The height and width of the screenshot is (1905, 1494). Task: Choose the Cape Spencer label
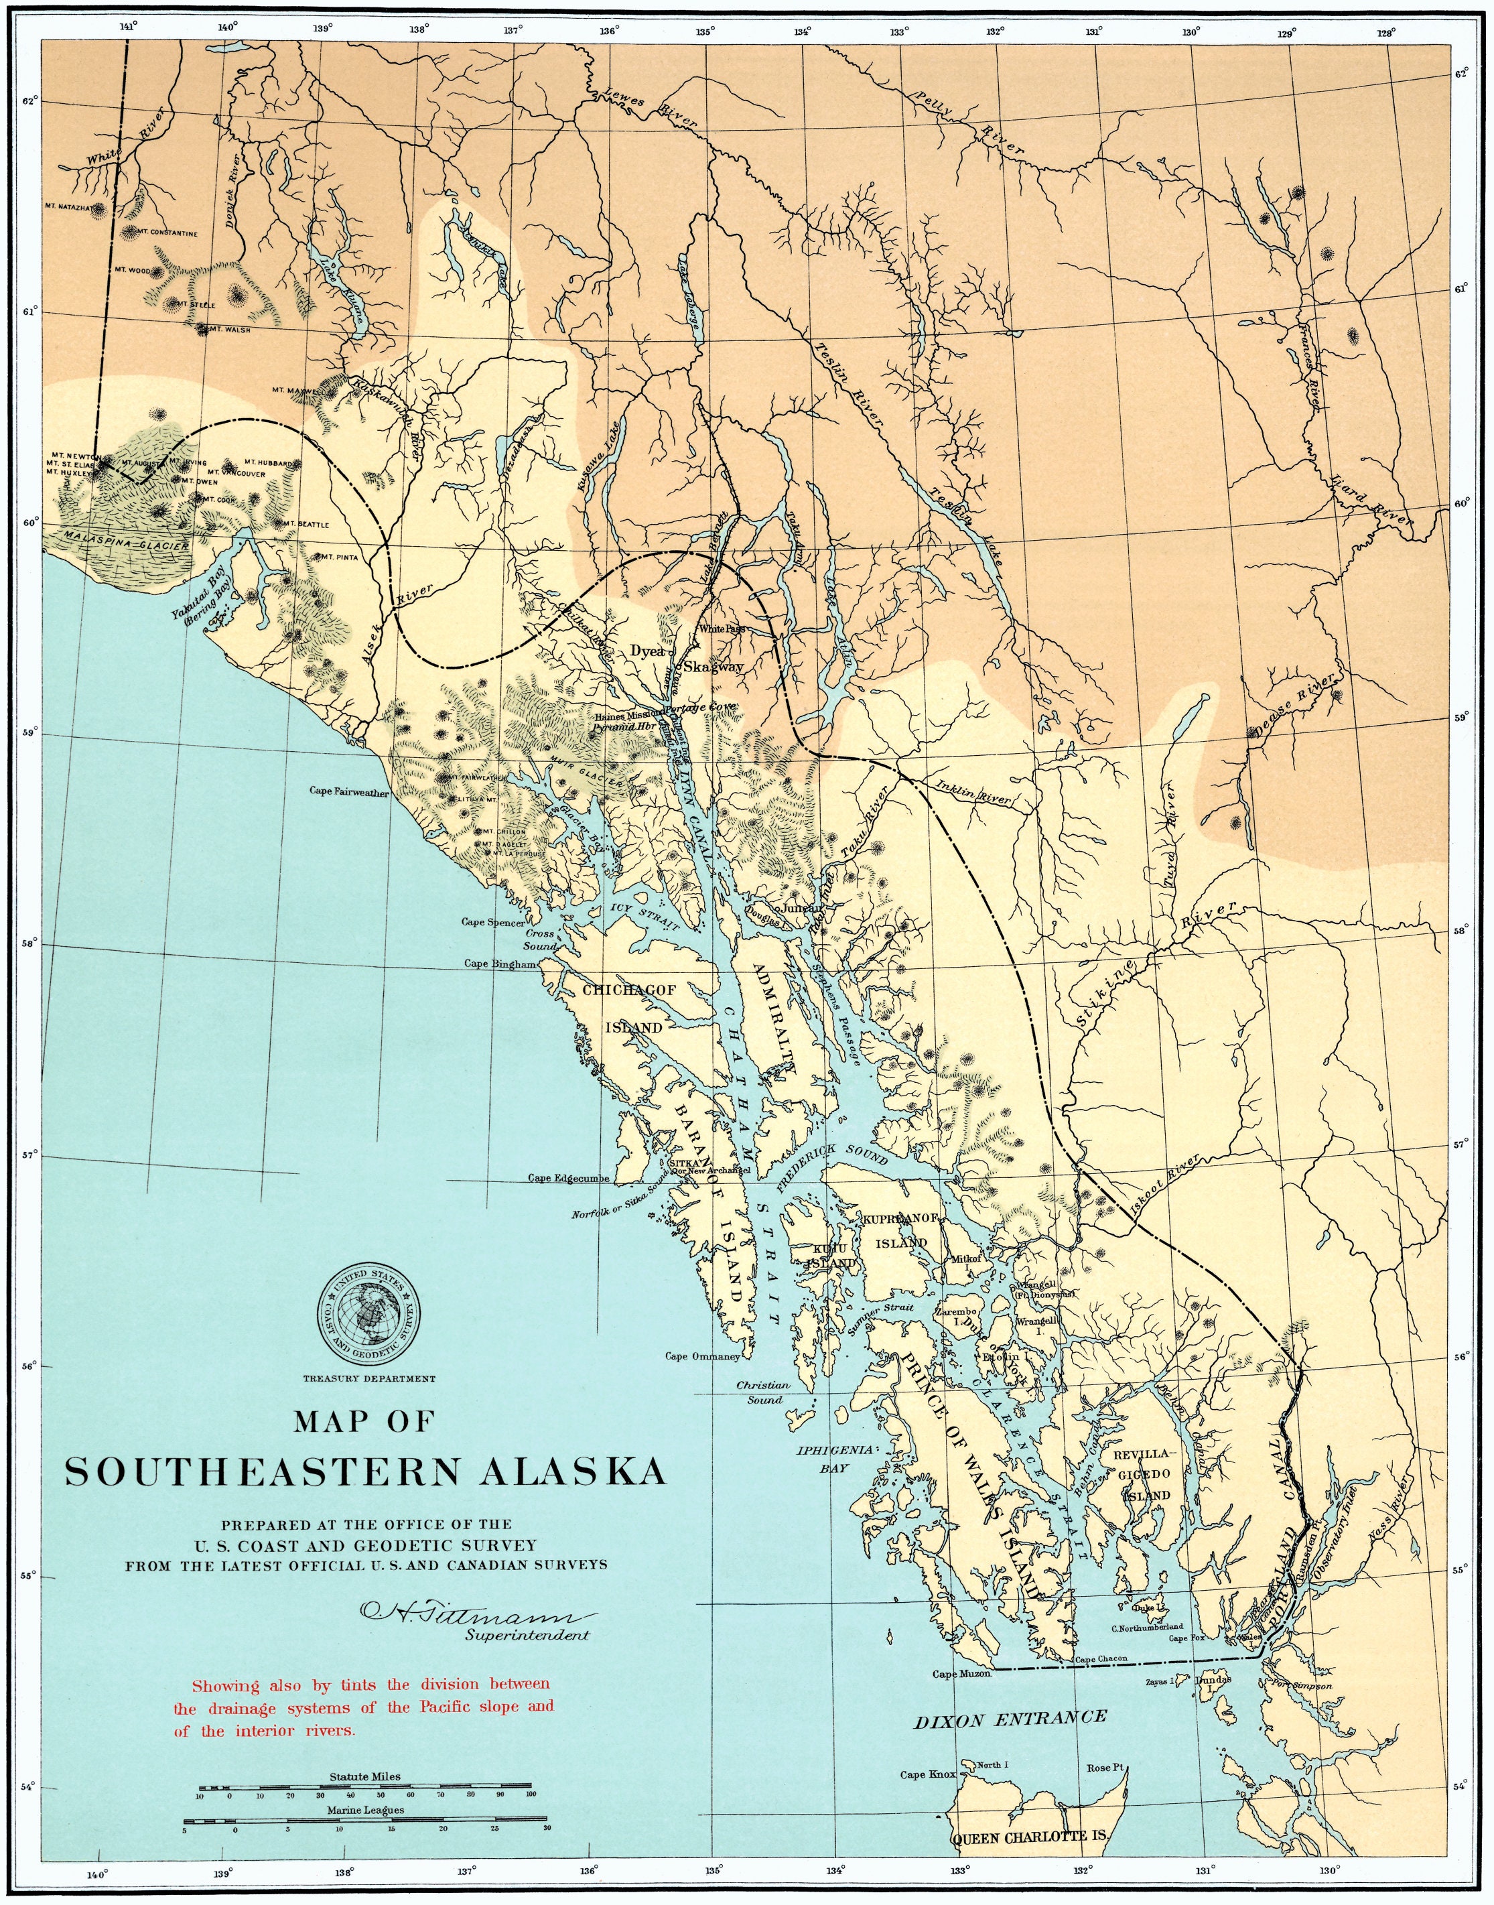[x=493, y=922]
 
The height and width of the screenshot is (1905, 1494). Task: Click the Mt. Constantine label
[x=172, y=234]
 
